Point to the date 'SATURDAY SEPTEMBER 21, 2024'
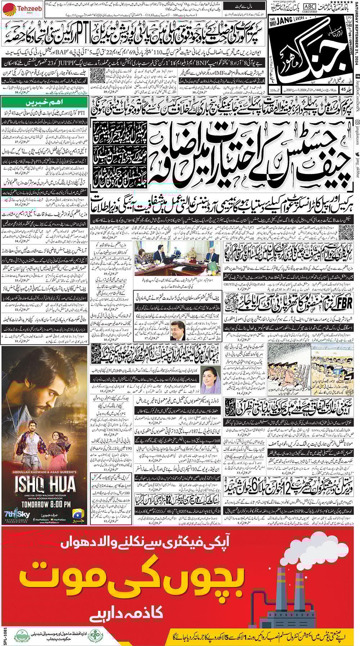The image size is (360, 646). (x=356, y=28)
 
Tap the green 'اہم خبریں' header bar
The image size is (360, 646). (x=44, y=102)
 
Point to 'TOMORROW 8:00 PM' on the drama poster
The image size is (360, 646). (x=45, y=504)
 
